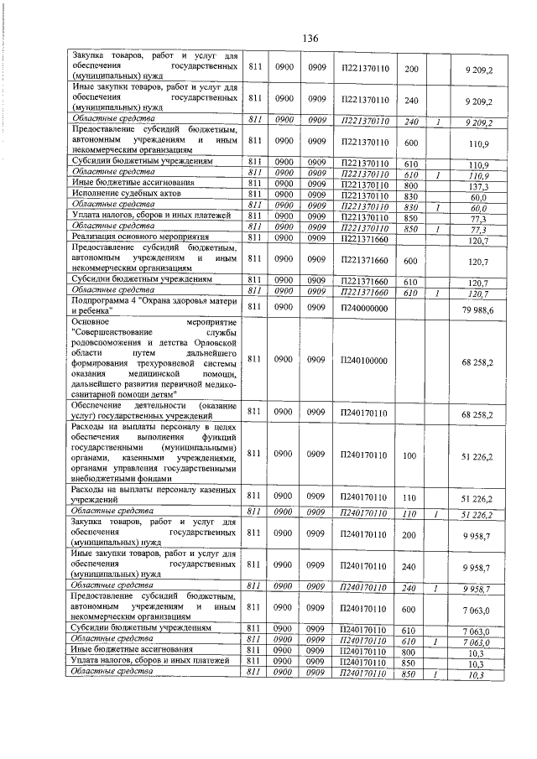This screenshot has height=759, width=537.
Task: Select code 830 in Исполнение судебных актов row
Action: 411,196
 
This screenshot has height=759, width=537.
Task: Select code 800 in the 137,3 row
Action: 411,186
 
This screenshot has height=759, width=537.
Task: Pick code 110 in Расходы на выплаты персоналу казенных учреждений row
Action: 410,496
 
